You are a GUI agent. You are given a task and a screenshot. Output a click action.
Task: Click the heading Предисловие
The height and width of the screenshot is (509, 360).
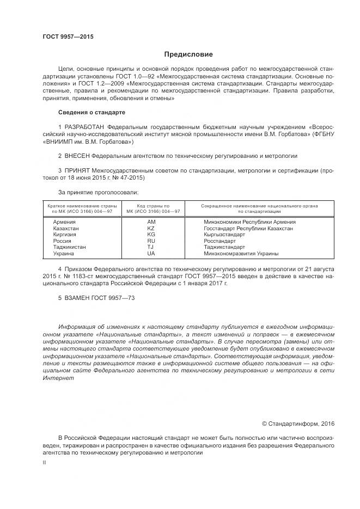click(189, 54)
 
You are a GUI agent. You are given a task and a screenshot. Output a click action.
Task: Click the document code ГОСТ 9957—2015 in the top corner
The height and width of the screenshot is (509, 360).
click(68, 36)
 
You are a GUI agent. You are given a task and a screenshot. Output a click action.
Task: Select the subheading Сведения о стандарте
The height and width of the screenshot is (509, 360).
click(91, 112)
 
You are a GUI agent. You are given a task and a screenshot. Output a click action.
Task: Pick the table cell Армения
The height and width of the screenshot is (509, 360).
click(64, 222)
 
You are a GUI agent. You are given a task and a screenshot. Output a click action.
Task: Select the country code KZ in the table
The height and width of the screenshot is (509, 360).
click(151, 229)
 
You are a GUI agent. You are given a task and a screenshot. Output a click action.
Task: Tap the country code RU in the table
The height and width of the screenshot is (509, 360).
click(151, 241)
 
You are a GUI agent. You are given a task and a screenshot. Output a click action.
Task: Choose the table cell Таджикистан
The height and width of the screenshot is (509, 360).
click(69, 247)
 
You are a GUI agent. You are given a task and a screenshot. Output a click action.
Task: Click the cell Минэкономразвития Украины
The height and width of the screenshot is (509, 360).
click(241, 254)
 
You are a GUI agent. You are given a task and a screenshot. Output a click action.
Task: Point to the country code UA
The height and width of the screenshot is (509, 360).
click(151, 254)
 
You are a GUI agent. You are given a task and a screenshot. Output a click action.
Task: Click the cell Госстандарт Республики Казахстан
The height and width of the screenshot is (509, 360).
click(248, 229)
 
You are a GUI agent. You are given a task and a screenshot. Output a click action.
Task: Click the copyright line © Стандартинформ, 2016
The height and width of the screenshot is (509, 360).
click(298, 424)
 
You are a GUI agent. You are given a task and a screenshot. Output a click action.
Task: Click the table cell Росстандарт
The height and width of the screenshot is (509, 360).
click(219, 241)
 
